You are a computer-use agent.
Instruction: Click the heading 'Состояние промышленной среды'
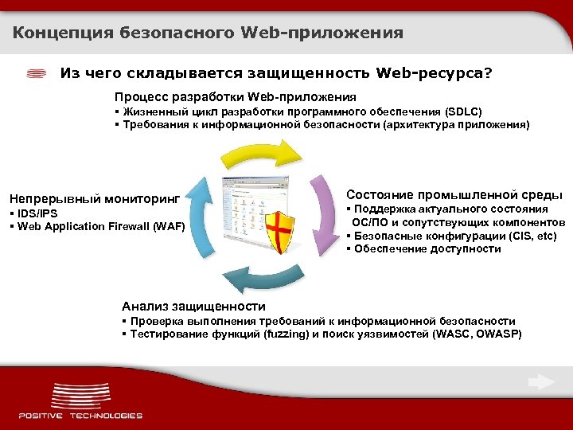pos(454,195)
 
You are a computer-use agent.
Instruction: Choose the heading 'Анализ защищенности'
pos(193,306)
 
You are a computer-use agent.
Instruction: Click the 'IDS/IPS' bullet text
pos(36,213)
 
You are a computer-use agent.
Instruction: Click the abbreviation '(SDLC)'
pos(463,111)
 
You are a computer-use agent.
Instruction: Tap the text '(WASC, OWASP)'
pos(477,334)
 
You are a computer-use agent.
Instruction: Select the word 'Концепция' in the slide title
pos(62,33)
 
